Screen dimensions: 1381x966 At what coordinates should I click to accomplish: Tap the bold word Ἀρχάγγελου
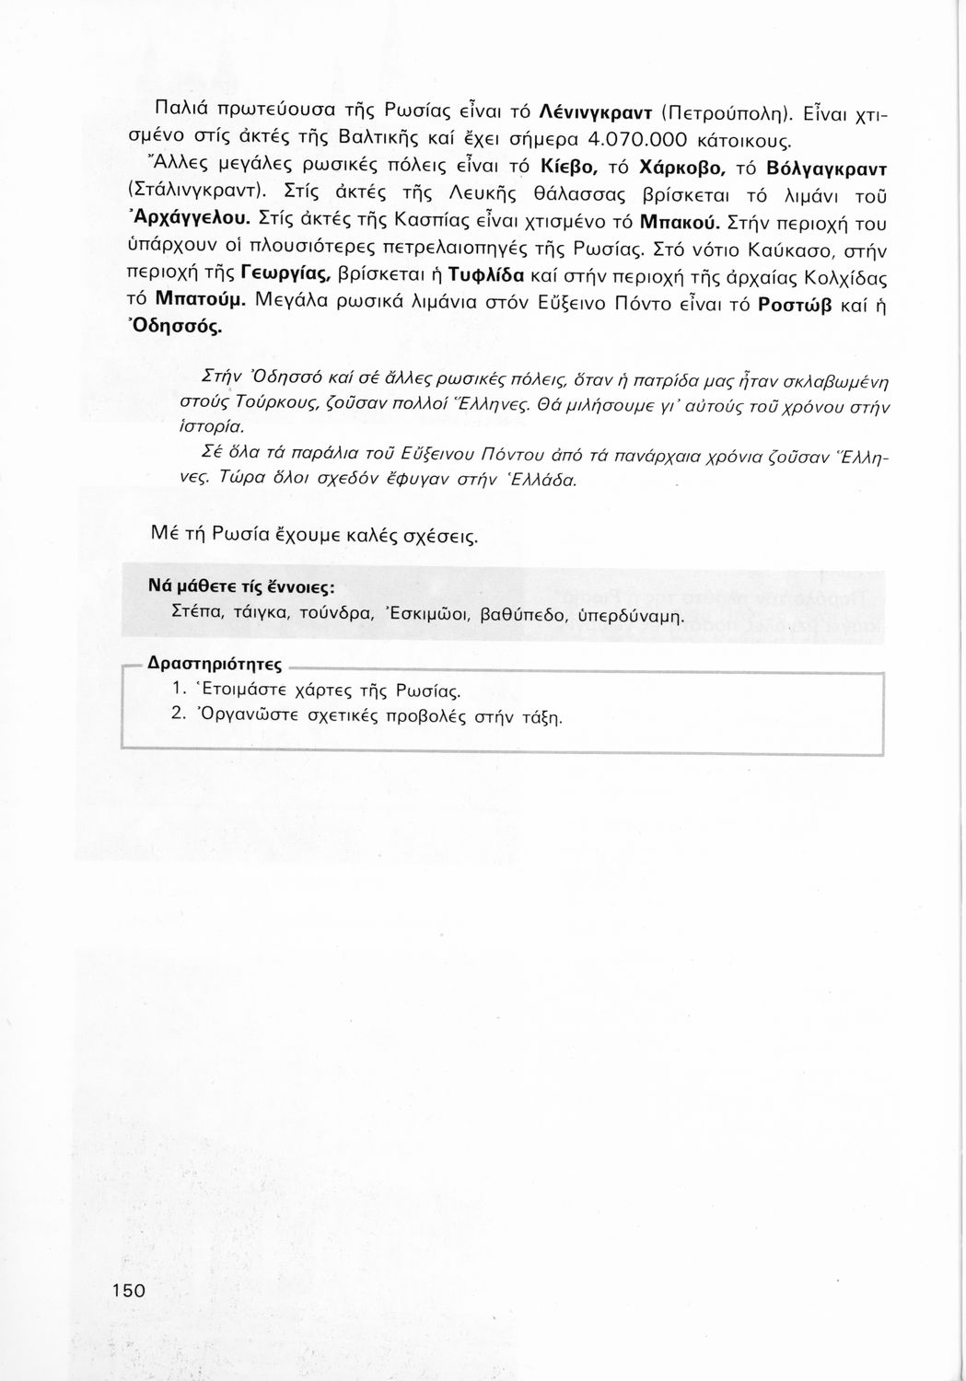click(x=192, y=220)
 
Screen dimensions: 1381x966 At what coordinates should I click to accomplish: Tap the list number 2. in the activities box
click(x=180, y=715)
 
